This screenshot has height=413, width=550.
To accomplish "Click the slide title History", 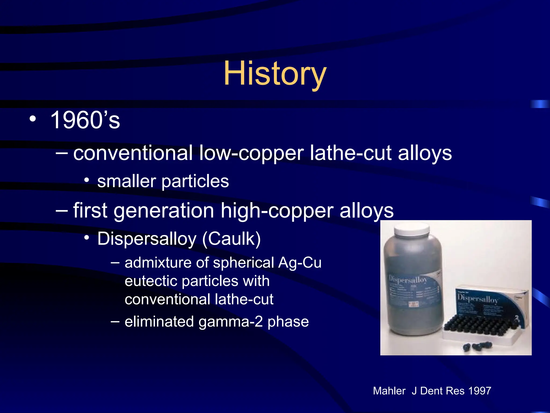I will (275, 73).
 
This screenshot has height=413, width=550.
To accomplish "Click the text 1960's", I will (85, 120).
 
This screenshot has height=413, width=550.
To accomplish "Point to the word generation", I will (164, 211).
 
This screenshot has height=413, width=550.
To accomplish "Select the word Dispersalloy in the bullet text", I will (147, 239).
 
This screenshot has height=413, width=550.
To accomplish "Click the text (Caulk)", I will (231, 239).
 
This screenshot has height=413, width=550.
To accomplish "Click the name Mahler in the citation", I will (389, 391).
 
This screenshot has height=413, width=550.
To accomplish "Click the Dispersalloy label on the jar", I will (408, 280).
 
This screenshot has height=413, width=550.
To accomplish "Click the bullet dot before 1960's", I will (33, 119).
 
